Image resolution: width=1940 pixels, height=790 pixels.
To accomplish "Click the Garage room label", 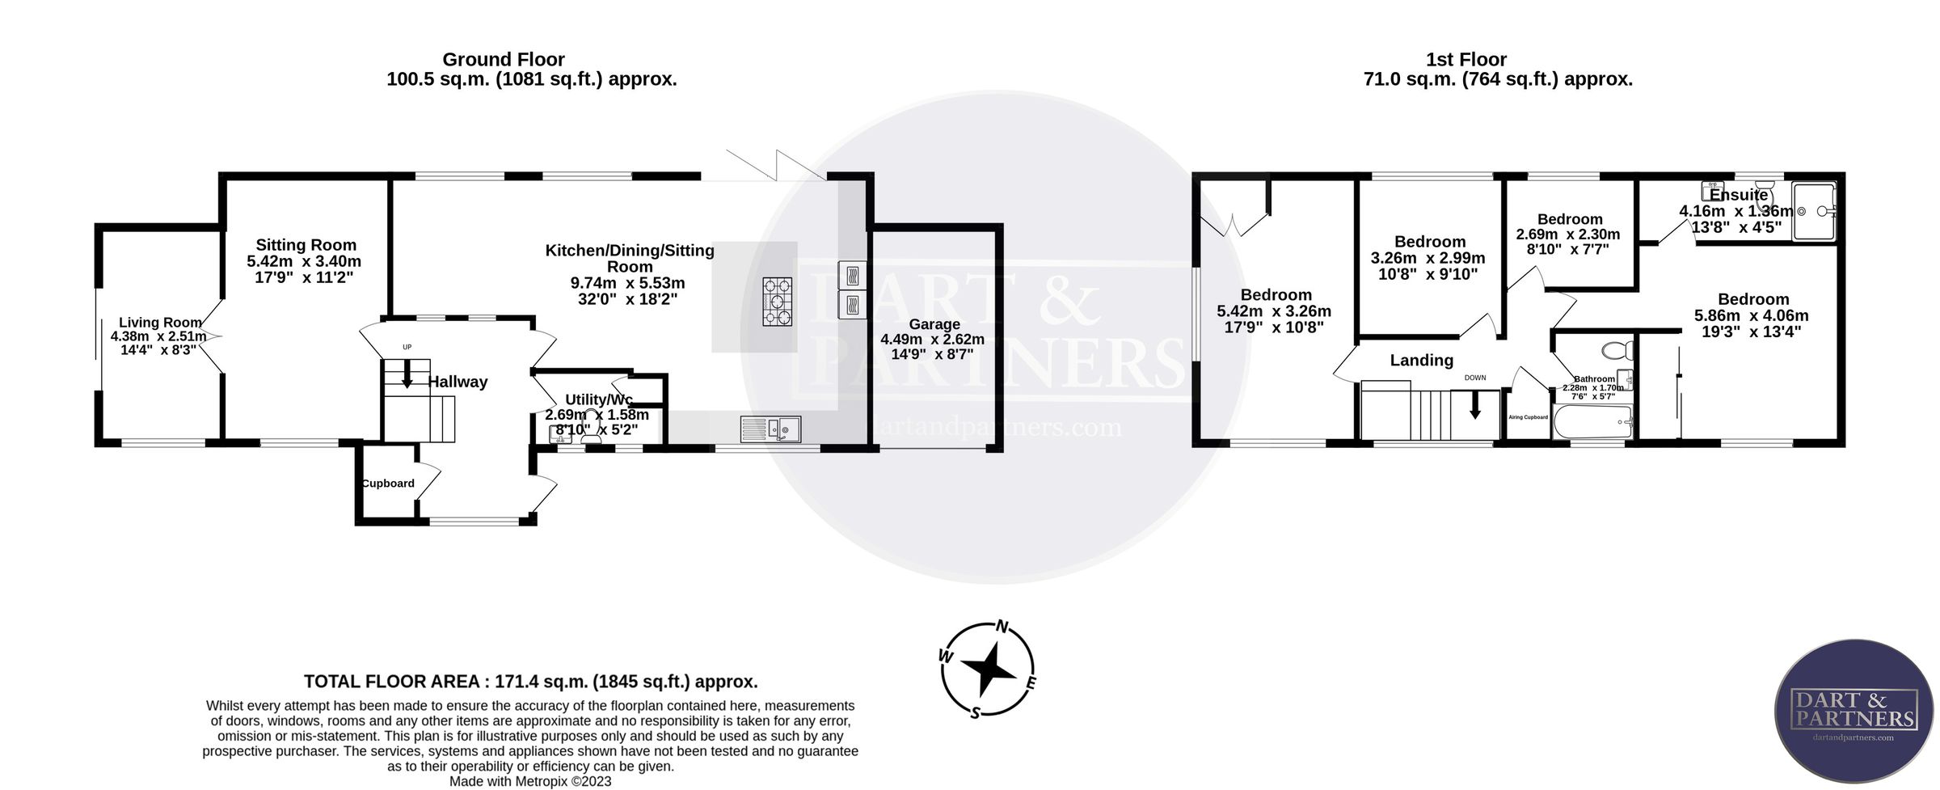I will pyautogui.click(x=934, y=324).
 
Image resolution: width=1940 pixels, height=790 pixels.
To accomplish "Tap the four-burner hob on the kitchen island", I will pyautogui.click(x=777, y=301).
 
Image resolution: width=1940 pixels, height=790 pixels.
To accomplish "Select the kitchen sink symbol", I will pyautogui.click(x=770, y=428).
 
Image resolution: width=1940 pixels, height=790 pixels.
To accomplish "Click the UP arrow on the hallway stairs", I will pyautogui.click(x=407, y=374).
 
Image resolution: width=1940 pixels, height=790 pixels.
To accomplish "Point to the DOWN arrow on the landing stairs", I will pyautogui.click(x=1474, y=404).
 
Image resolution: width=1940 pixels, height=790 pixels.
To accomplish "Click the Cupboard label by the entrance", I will pyautogui.click(x=388, y=484).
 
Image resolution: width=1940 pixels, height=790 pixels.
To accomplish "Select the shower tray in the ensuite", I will pyautogui.click(x=1814, y=211).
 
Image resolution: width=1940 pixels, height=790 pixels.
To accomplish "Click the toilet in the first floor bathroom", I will pyautogui.click(x=1617, y=351).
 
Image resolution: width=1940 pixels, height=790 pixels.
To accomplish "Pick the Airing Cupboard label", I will pyautogui.click(x=1528, y=417).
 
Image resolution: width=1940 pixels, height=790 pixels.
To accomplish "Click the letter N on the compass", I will pyautogui.click(x=1002, y=626).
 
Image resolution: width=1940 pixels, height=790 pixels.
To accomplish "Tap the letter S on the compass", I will pyautogui.click(x=976, y=712).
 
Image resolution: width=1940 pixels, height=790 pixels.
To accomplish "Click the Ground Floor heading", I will pyautogui.click(x=503, y=59).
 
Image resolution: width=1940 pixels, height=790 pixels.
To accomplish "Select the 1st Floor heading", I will pyautogui.click(x=1466, y=59).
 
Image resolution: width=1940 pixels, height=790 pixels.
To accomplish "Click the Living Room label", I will pyautogui.click(x=160, y=323).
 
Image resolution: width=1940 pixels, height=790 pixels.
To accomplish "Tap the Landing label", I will pyautogui.click(x=1421, y=361).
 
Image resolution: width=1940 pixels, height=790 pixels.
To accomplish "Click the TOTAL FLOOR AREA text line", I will pyautogui.click(x=530, y=681).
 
